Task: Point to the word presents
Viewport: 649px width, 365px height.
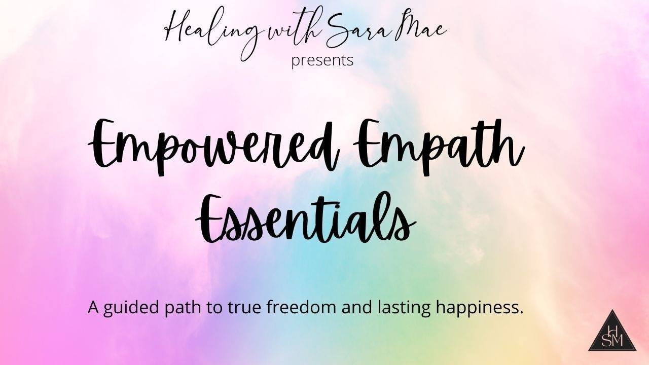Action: (x=322, y=60)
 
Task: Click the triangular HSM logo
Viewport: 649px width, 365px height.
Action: (x=612, y=334)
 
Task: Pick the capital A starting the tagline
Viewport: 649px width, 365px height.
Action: (x=93, y=307)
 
